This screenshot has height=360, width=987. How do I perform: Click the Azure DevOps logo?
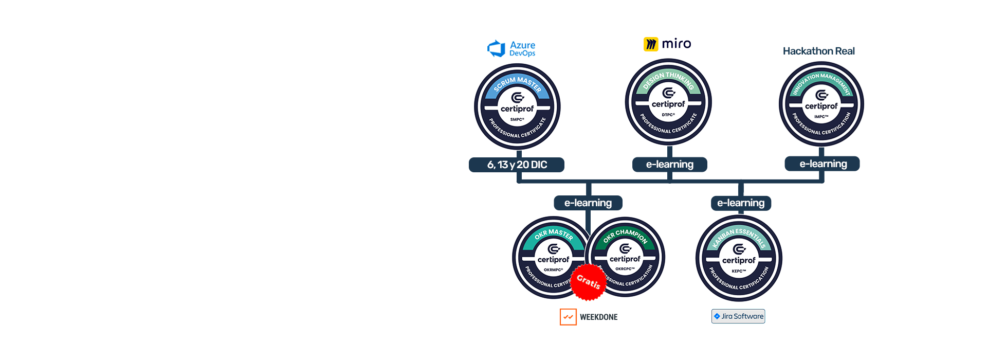(511, 49)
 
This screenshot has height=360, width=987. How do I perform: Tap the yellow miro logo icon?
(651, 44)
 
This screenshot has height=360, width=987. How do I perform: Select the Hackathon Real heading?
(818, 51)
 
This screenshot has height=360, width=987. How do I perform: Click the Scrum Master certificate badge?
(517, 107)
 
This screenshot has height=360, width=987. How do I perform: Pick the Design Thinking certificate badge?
(668, 102)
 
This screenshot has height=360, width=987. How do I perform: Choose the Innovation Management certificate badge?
(821, 104)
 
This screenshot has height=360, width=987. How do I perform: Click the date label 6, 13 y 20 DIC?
(517, 165)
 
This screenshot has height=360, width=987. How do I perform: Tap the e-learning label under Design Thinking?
(669, 165)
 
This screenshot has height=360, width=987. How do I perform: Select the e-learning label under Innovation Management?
(822, 164)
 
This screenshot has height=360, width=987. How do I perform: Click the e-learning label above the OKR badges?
(588, 203)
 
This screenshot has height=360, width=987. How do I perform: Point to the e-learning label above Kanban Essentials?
(741, 203)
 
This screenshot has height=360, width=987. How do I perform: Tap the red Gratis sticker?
(588, 282)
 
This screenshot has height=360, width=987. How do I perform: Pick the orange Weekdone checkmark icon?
(568, 317)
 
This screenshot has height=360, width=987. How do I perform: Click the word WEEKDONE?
(599, 317)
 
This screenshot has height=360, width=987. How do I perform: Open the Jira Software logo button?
(738, 316)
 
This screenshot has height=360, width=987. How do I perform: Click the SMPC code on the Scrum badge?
(517, 119)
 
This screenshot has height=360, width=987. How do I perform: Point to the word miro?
(677, 44)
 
